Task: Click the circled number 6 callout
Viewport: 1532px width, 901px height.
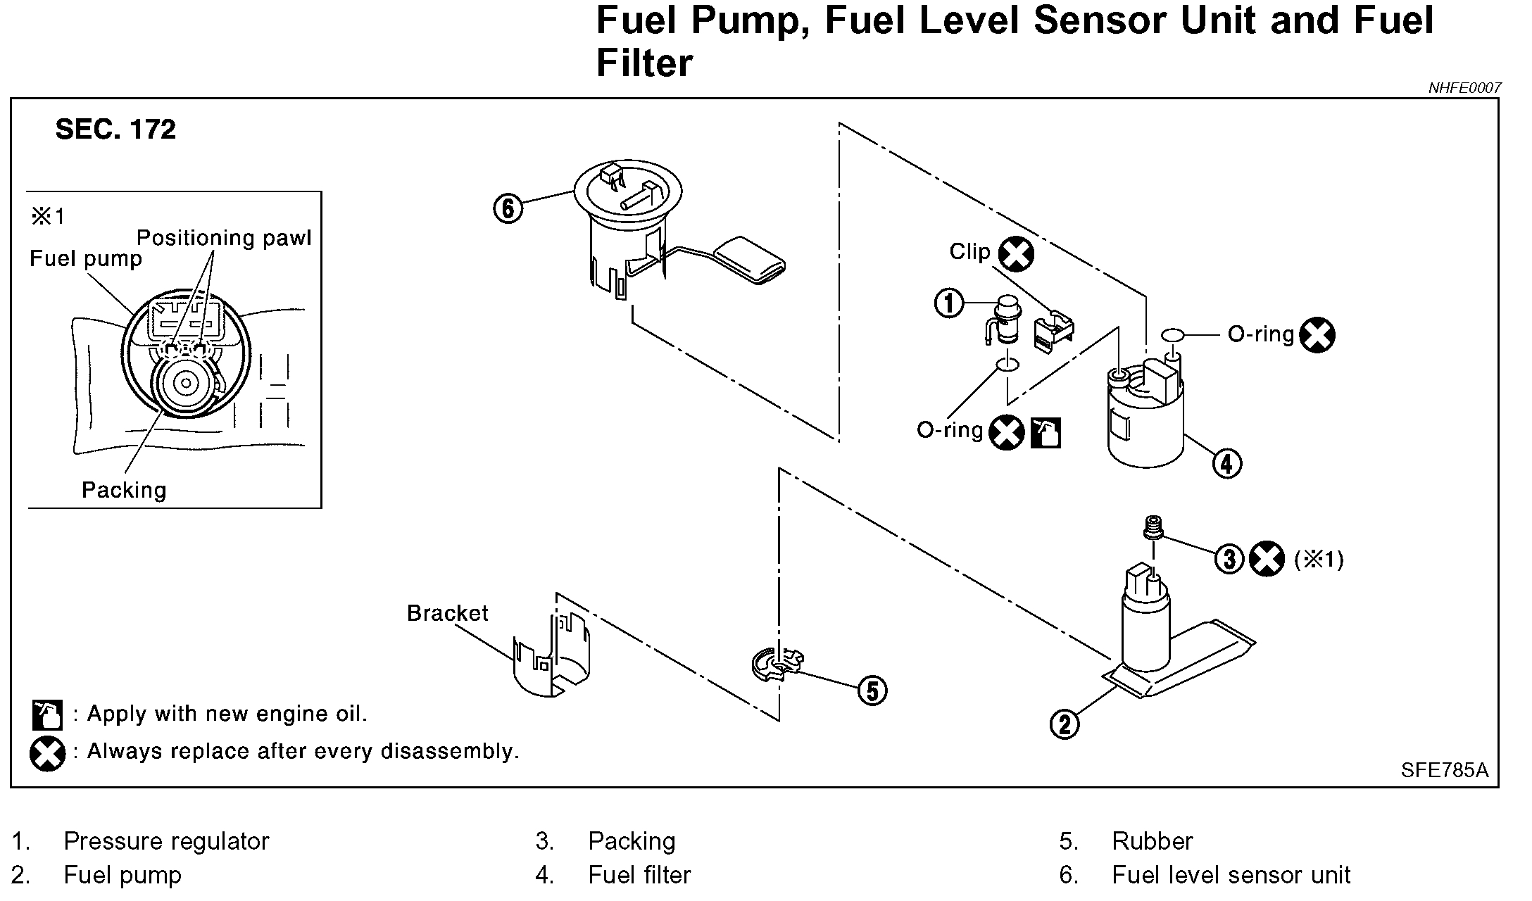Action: pyautogui.click(x=508, y=209)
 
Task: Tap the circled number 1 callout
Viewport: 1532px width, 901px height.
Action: pyautogui.click(x=948, y=303)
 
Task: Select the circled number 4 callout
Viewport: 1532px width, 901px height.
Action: pyautogui.click(x=1226, y=464)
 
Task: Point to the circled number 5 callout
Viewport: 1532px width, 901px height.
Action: pyautogui.click(x=872, y=691)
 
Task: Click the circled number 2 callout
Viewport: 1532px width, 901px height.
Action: pyautogui.click(x=1064, y=724)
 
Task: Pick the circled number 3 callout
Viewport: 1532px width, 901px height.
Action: pyautogui.click(x=1229, y=560)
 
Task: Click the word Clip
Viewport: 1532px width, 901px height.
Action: pyautogui.click(x=969, y=252)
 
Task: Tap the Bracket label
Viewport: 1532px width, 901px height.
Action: pyautogui.click(x=447, y=613)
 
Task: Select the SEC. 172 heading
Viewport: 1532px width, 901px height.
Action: pyautogui.click(x=115, y=130)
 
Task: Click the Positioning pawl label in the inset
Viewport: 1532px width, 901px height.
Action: pyautogui.click(x=224, y=238)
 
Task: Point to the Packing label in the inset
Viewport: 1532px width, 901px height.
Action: pyautogui.click(x=124, y=490)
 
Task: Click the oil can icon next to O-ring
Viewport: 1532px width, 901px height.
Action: pyautogui.click(x=1046, y=433)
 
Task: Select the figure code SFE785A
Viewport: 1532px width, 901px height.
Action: pyautogui.click(x=1444, y=770)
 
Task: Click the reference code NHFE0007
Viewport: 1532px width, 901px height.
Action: pyautogui.click(x=1464, y=88)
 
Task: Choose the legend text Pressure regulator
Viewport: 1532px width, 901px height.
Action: pyautogui.click(x=166, y=841)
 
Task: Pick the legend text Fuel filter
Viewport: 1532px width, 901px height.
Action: pyautogui.click(x=639, y=875)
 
